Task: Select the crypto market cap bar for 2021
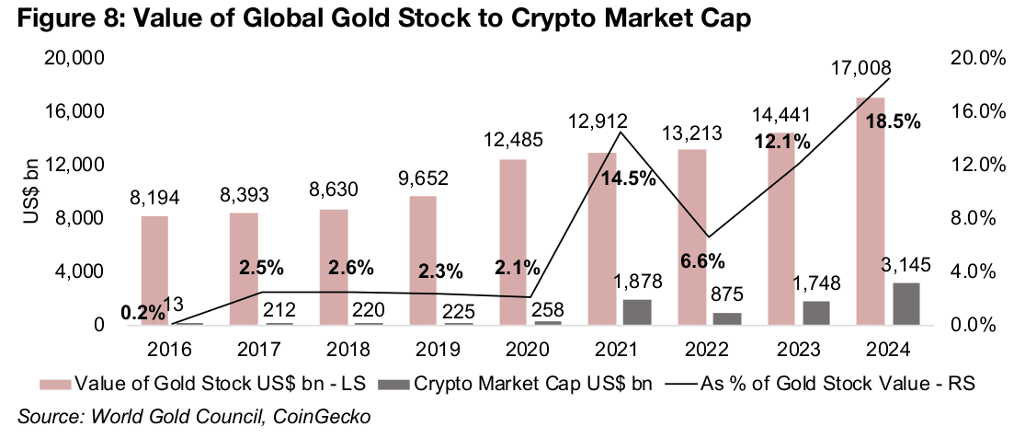[x=636, y=312]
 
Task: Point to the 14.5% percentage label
[x=630, y=179]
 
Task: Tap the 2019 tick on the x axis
[x=440, y=351]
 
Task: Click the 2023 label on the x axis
[x=797, y=351]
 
